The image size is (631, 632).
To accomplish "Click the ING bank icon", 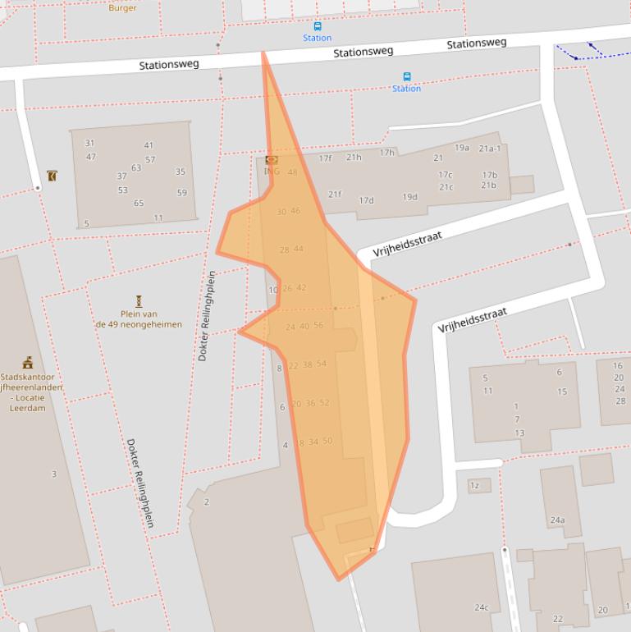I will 272,160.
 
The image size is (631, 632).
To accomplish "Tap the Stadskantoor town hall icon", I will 27,363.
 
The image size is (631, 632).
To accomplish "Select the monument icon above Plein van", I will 139,301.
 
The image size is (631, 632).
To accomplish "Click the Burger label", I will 123,7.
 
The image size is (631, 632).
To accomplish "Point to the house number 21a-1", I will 490,149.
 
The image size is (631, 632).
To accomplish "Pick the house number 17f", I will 325,158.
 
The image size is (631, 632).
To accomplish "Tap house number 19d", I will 409,197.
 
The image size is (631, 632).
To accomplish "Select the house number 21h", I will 354,158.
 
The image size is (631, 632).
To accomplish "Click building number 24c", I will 481,608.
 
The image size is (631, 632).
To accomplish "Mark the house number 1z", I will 474,486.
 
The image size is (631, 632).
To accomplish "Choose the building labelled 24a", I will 557,520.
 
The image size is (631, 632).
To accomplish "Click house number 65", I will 139,204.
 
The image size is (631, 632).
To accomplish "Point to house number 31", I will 89,144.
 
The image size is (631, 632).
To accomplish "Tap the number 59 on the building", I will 181,194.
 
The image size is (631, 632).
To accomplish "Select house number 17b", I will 490,175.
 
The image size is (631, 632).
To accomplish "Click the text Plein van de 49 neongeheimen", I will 138,319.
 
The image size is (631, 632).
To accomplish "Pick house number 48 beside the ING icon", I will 293,172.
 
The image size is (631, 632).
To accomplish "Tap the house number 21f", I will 335,195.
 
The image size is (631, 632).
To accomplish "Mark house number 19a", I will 462,148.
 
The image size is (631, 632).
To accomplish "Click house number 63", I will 136,168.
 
